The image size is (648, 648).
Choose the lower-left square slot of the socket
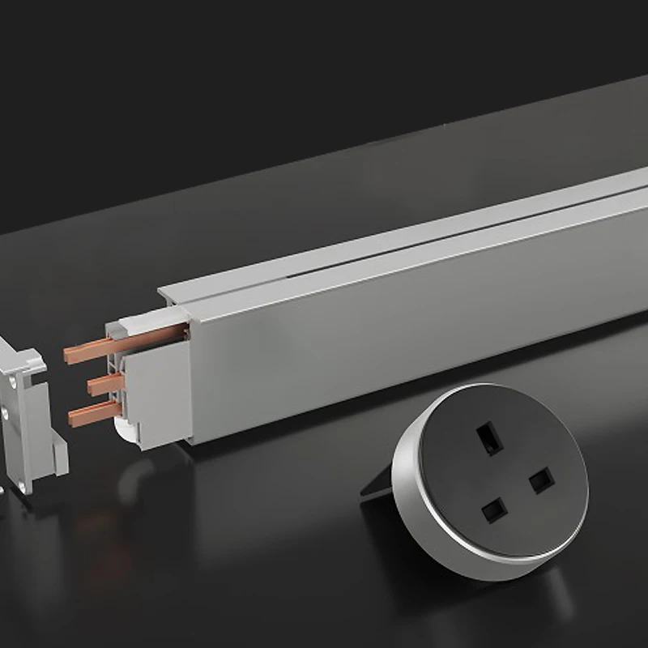point(492,510)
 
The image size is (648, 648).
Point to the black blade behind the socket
point(377,485)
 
